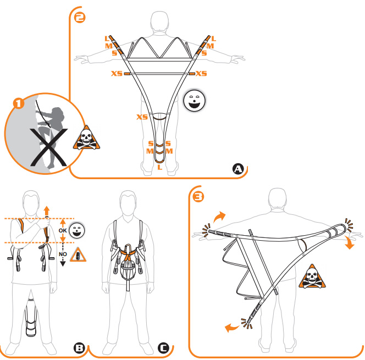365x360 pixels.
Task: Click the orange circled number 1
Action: click(x=19, y=103)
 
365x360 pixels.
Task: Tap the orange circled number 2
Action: click(x=80, y=18)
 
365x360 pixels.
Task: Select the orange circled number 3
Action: click(x=198, y=197)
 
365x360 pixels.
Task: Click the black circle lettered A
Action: click(x=238, y=169)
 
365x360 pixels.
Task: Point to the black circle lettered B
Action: click(x=79, y=348)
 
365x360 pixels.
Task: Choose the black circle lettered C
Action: click(x=163, y=348)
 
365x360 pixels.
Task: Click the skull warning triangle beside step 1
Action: click(x=86, y=138)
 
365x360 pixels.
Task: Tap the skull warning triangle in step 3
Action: click(x=312, y=276)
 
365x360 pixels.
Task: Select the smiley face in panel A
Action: click(x=195, y=101)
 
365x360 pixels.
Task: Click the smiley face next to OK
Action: click(x=77, y=230)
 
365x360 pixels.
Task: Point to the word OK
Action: click(x=63, y=230)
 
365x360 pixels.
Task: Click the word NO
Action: click(x=63, y=254)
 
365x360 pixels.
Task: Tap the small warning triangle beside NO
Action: click(x=78, y=255)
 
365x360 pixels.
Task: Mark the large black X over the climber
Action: click(x=49, y=147)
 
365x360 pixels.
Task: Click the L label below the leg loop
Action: click(x=159, y=167)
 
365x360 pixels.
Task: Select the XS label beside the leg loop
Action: click(x=142, y=117)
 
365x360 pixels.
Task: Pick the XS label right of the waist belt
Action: click(x=201, y=74)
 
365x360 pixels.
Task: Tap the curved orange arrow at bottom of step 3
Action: click(x=231, y=328)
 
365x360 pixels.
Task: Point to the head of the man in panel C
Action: click(x=128, y=202)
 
